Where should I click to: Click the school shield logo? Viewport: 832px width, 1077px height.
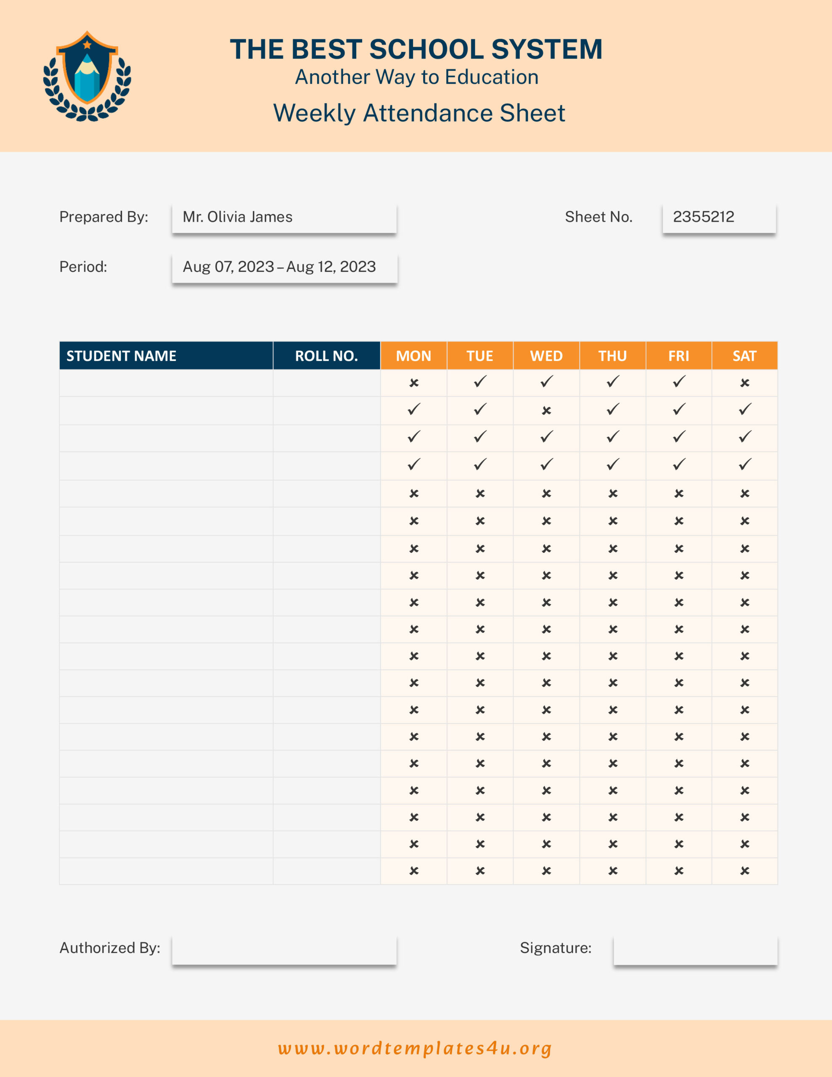(87, 75)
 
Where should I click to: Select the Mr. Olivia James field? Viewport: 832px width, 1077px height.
(284, 218)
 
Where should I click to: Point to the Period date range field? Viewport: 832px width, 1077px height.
(284, 267)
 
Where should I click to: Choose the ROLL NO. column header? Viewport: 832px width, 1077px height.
(326, 355)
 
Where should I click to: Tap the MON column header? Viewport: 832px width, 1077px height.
(413, 355)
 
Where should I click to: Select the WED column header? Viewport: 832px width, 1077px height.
(546, 355)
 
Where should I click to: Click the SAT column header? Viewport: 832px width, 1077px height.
(744, 355)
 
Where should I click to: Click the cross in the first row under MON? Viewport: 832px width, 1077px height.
(414, 383)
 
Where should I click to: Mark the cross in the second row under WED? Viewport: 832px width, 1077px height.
(546, 410)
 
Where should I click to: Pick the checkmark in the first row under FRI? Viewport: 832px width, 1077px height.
(678, 382)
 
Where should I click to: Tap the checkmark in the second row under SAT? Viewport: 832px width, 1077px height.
(745, 409)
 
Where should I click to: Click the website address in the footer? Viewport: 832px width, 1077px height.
(415, 1048)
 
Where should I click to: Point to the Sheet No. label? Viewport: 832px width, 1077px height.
(598, 217)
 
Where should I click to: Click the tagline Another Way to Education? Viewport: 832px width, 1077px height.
(417, 77)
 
